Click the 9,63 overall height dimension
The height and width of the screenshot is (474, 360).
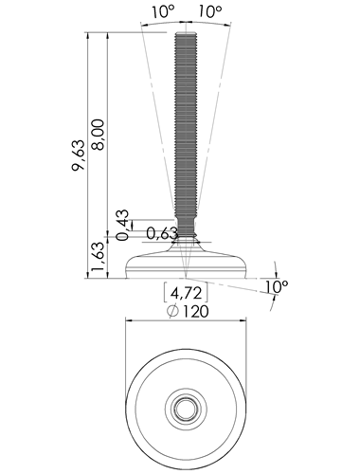79,155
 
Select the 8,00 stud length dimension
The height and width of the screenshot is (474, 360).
99,135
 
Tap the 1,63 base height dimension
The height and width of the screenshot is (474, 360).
98,256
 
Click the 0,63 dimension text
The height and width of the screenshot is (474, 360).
162,233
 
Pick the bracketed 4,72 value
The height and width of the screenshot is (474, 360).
186,293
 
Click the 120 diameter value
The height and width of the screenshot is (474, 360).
195,312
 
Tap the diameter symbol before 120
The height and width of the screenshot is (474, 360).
173,312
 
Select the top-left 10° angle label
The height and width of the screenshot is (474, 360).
163,11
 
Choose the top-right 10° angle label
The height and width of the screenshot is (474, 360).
210,11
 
